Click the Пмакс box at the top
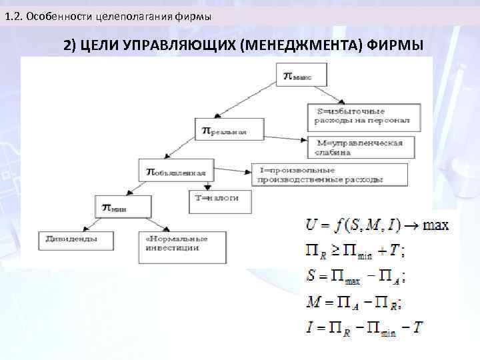pos(302,75)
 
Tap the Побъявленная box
pos(176,172)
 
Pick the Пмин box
pos(122,207)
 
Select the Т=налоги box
pos(213,199)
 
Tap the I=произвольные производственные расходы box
pos(330,174)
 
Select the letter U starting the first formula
pos(310,225)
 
